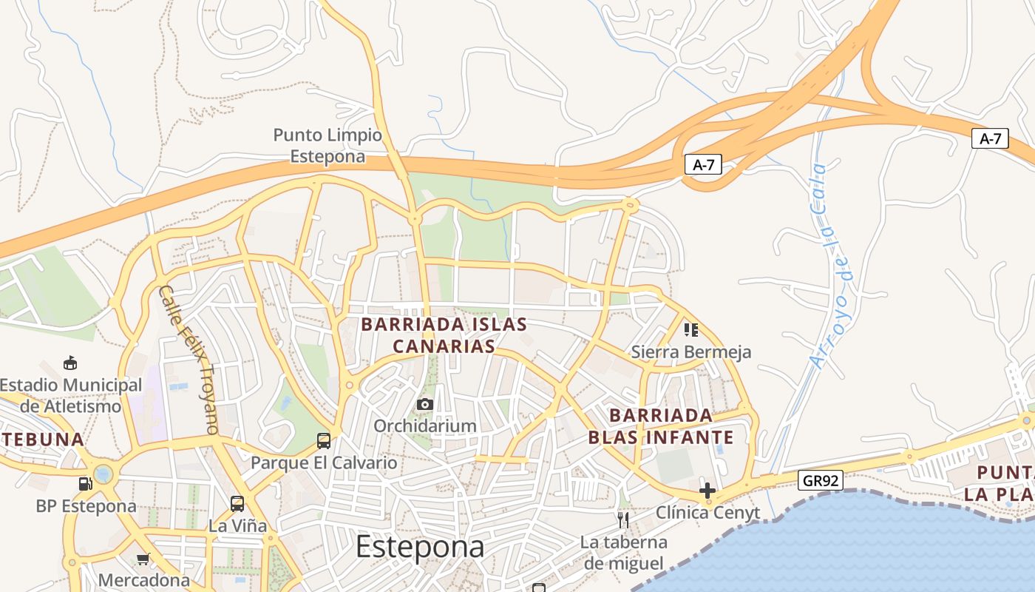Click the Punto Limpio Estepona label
tap(328, 146)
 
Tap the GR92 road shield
tap(821, 481)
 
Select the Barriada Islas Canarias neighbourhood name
tap(444, 335)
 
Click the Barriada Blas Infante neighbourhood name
tap(661, 425)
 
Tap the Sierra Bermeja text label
tap(691, 352)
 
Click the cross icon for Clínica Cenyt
tap(707, 490)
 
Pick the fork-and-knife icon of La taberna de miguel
tap(623, 520)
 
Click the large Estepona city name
tap(420, 548)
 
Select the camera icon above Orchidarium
tap(424, 404)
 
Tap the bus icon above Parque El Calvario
tap(323, 441)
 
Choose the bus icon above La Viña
tap(237, 504)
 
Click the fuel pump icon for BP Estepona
tap(86, 484)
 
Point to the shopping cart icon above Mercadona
tap(143, 559)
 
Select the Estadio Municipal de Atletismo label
tap(71, 395)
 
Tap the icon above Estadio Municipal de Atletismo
tap(70, 363)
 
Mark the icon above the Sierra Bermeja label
tap(690, 329)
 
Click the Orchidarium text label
tap(424, 426)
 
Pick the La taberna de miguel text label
tap(623, 553)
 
